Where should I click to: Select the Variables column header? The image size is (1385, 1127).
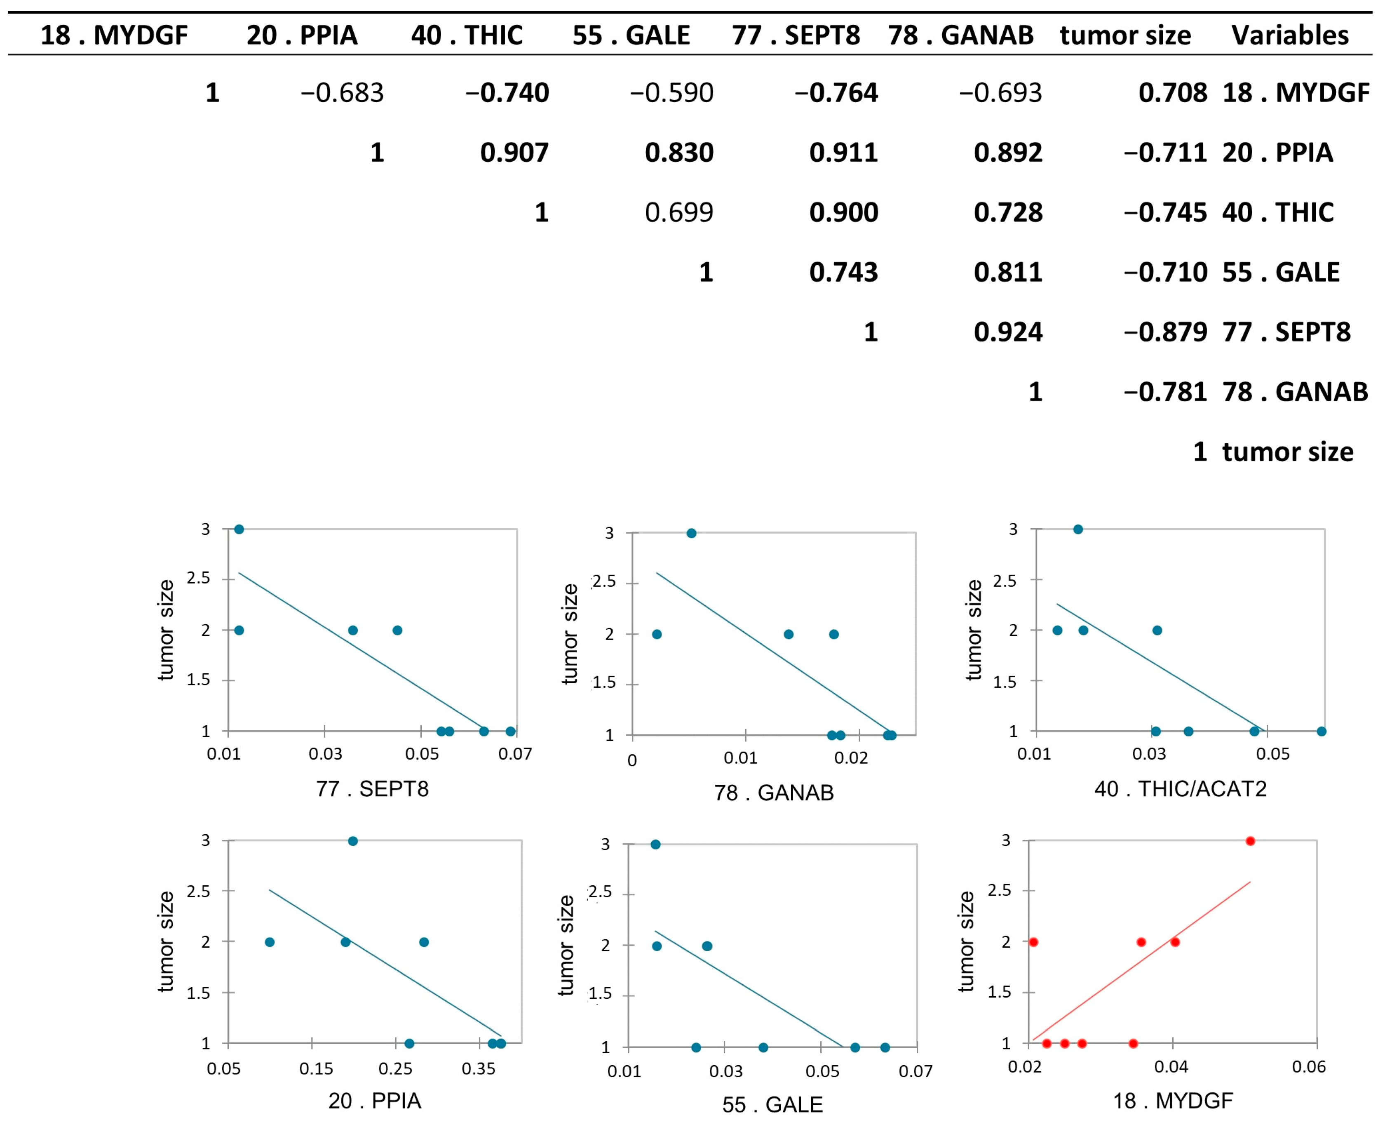click(x=1290, y=35)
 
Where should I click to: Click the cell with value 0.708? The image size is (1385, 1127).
click(x=1172, y=93)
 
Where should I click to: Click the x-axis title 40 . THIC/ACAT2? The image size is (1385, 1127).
click(x=1180, y=789)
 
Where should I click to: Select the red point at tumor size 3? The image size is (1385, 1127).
click(x=1250, y=841)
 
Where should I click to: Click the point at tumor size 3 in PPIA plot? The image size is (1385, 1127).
click(x=352, y=841)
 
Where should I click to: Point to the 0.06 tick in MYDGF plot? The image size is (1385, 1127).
click(x=1308, y=1067)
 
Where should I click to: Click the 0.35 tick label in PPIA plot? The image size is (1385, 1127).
click(x=478, y=1068)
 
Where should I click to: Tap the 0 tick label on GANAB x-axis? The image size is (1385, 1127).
click(x=631, y=760)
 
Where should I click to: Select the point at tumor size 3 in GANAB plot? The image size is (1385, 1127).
click(x=691, y=533)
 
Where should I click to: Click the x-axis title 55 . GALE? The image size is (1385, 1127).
click(x=772, y=1104)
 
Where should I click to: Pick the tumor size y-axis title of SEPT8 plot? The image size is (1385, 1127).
click(x=166, y=630)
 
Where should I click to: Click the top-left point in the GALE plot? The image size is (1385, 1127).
click(x=655, y=845)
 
